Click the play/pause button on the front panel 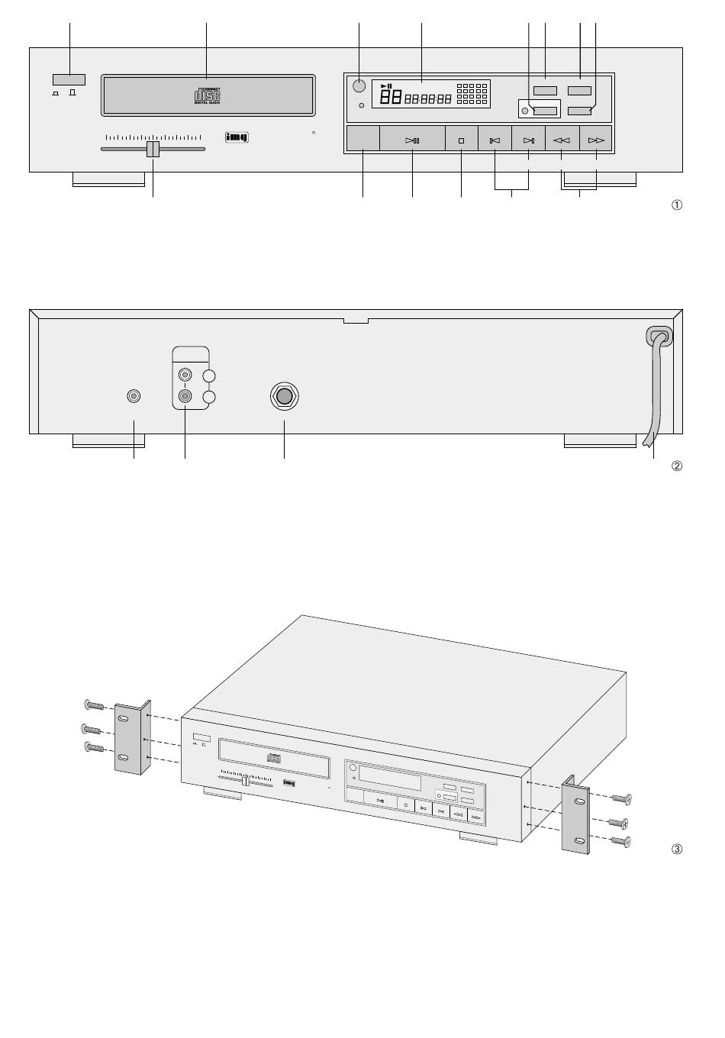tap(412, 140)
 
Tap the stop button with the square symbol tap(461, 140)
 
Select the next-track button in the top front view tap(528, 140)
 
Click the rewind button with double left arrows tap(562, 140)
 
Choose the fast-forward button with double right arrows tap(596, 140)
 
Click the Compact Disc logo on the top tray tap(208, 95)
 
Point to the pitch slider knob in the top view tap(153, 149)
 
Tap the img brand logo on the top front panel tap(237, 138)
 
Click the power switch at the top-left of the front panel tap(69, 79)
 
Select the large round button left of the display tap(359, 85)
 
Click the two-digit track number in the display tap(391, 97)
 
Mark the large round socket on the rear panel tap(284, 396)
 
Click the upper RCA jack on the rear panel tap(185, 376)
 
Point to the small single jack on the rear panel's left tap(134, 396)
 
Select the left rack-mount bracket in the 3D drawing tap(131, 737)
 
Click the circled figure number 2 tap(676, 466)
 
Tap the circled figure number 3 tap(676, 849)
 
